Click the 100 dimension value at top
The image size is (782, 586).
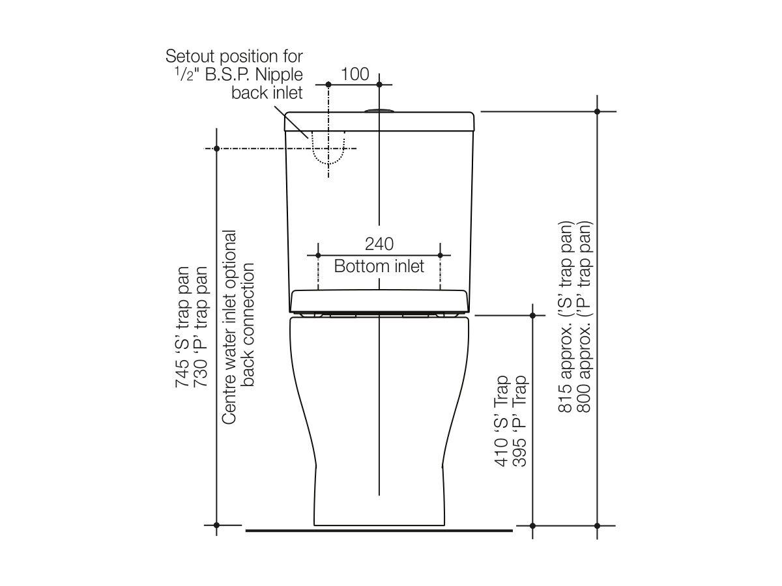coord(355,74)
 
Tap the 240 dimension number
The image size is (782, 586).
coord(379,244)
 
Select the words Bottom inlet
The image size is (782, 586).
coord(379,266)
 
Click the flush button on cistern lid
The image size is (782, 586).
coord(379,111)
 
